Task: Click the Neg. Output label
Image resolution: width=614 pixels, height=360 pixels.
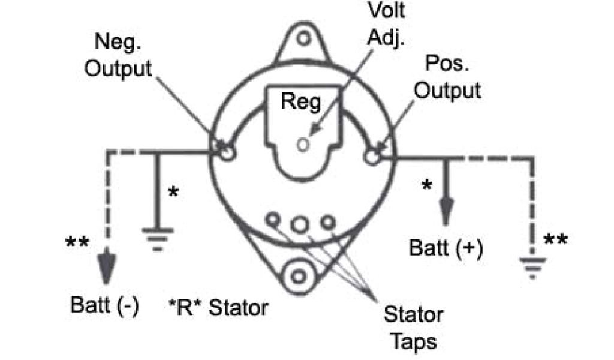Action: (118, 55)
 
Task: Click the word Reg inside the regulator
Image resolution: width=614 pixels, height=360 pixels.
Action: (301, 103)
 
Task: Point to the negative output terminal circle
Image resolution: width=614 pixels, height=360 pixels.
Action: (227, 152)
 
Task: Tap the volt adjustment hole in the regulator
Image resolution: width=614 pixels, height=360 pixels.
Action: (303, 144)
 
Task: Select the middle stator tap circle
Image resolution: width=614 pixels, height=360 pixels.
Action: (300, 224)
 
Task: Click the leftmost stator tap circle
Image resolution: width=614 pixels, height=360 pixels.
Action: (273, 220)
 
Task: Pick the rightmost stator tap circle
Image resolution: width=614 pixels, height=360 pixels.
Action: (327, 223)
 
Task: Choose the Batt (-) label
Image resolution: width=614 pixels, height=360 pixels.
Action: (105, 305)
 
